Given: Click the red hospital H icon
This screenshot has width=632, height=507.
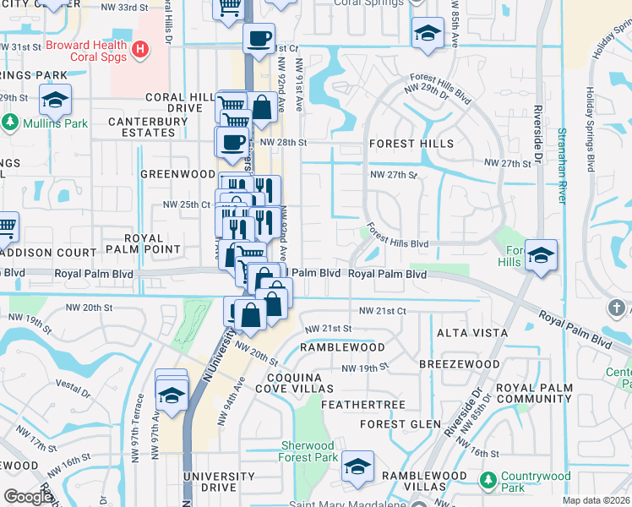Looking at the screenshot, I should point(141,51).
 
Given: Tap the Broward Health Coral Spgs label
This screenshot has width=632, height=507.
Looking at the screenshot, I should point(86,51).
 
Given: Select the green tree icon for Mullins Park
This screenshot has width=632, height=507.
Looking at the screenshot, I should point(10,123).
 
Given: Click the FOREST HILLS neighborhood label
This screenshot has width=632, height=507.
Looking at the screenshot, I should point(411,144).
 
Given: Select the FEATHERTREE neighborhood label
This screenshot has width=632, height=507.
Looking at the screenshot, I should point(365,406).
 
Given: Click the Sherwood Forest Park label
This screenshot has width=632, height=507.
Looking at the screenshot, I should point(308,451).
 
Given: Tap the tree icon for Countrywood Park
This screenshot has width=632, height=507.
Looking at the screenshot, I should point(488,481).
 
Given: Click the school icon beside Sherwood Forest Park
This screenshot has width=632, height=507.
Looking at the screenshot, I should point(357,466).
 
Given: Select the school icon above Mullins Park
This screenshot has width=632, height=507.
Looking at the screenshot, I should point(55,100).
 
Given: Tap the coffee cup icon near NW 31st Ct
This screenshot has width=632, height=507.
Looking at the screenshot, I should point(259,38).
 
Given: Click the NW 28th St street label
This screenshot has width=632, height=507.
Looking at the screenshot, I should point(283,143).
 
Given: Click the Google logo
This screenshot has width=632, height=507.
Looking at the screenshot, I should point(29,497).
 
